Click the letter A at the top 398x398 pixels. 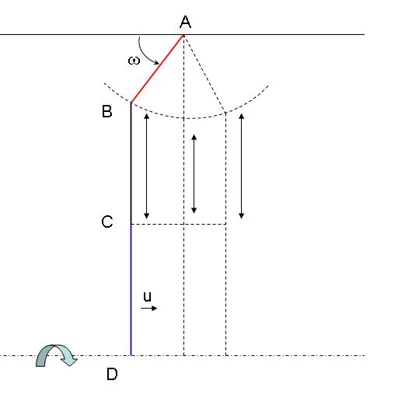pyautogui.click(x=185, y=22)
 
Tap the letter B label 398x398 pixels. pyautogui.click(x=106, y=111)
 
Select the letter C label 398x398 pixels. pyautogui.click(x=107, y=222)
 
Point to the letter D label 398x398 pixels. pyautogui.click(x=112, y=374)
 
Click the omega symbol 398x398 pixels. pyautogui.click(x=134, y=61)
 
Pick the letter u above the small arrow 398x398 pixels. pyautogui.click(x=147, y=296)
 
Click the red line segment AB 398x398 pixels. pyautogui.click(x=157, y=69)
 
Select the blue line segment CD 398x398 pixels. pyautogui.click(x=131, y=290)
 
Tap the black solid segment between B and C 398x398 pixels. pyautogui.click(x=131, y=163)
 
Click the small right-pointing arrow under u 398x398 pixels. pyautogui.click(x=148, y=308)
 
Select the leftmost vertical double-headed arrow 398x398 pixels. pyautogui.click(x=147, y=166)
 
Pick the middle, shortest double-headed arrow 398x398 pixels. pyautogui.click(x=194, y=174)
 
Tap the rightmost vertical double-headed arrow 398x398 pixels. pyautogui.click(x=242, y=166)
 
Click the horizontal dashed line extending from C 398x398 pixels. pyautogui.click(x=179, y=224)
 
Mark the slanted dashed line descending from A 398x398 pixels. pyautogui.click(x=204, y=74)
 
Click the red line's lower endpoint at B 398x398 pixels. pyautogui.click(x=131, y=103)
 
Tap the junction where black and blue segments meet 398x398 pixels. pyautogui.click(x=131, y=224)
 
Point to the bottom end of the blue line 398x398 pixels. pyautogui.click(x=131, y=355)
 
